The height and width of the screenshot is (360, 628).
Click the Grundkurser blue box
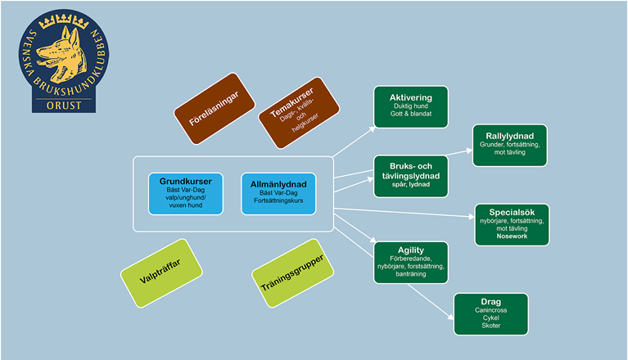click(185, 193)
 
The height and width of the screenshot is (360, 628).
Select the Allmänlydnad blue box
click(278, 193)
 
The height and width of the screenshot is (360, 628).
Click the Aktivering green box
click(410, 107)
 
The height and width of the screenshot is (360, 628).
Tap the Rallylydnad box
click(508, 146)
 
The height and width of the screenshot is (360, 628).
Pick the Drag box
click(490, 314)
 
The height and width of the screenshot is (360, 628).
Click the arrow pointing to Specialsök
click(409, 214)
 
